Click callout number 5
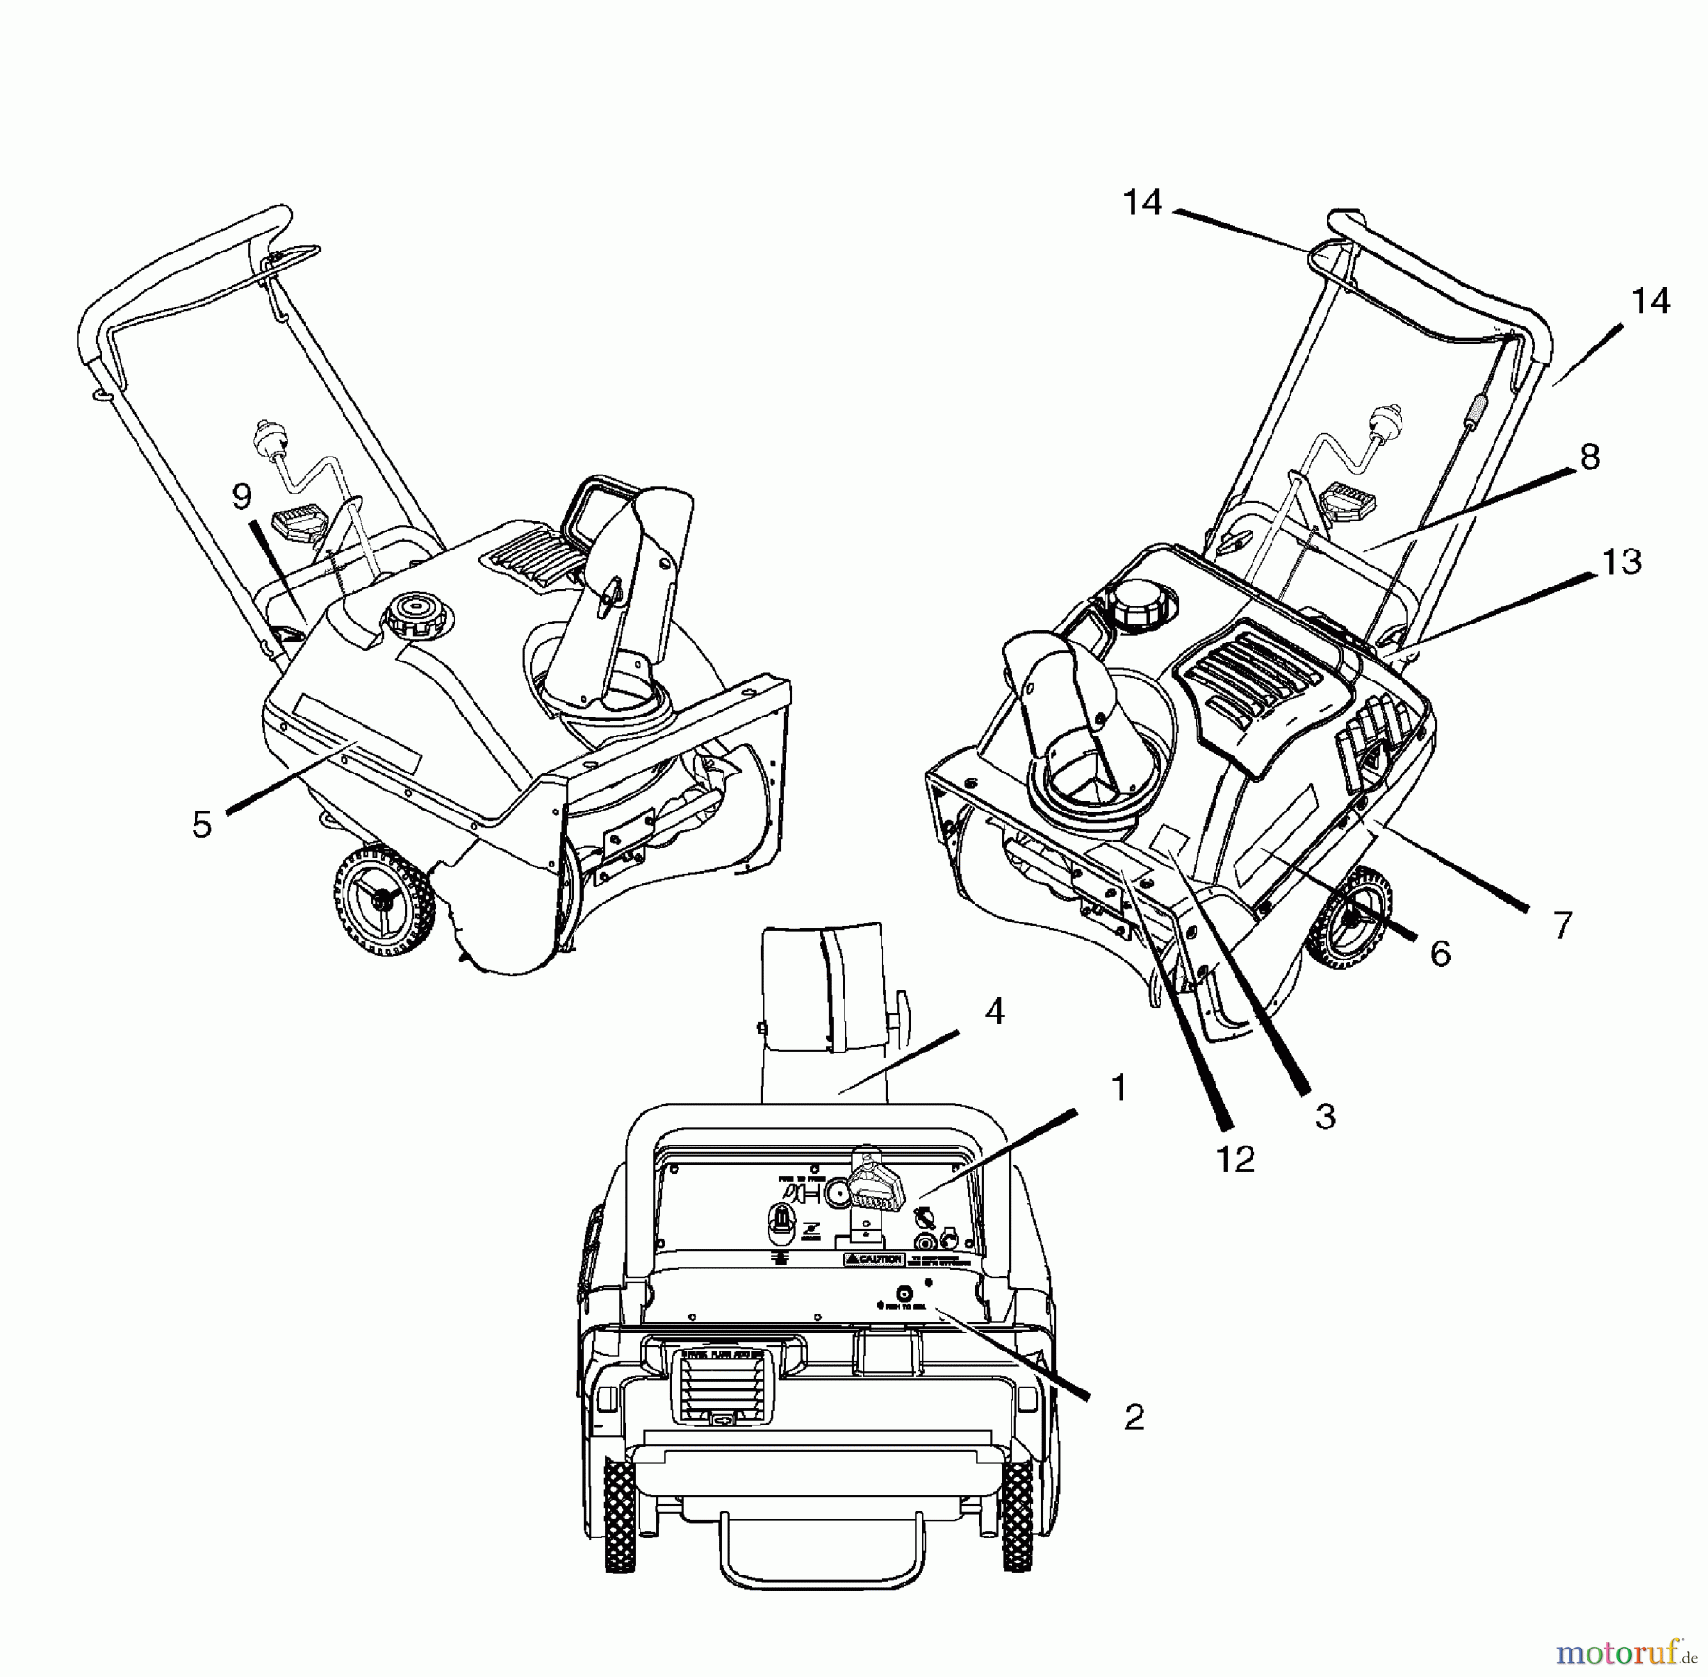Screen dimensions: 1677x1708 201,824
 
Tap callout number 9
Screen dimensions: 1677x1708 242,494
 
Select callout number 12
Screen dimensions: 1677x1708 1235,1158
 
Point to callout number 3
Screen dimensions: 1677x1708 1326,1115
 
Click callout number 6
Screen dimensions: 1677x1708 1439,954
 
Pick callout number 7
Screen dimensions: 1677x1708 1563,924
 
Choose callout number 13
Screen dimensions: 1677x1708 1621,562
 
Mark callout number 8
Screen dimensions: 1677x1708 1589,457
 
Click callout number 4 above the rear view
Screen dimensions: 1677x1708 993,1012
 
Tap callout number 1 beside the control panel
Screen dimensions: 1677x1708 1119,1088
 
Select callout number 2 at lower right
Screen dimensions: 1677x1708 1134,1418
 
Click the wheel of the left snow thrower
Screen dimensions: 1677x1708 382,900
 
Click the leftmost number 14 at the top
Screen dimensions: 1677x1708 1142,202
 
